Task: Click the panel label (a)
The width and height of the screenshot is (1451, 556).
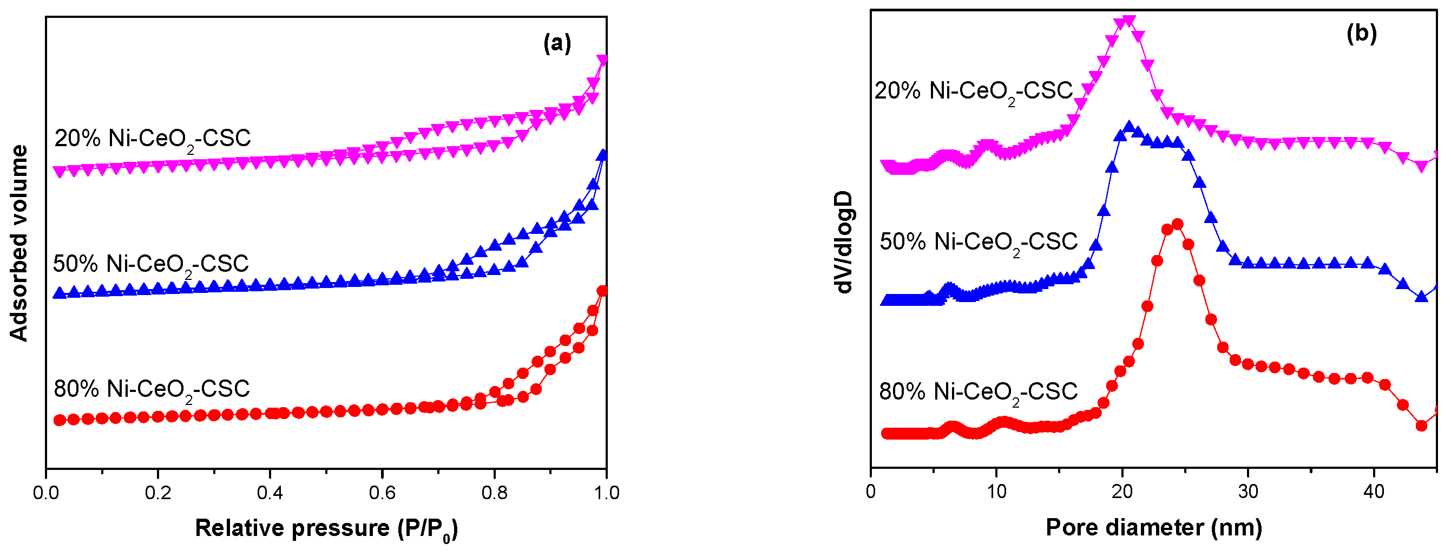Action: [556, 43]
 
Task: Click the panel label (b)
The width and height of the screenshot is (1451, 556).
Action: [1362, 33]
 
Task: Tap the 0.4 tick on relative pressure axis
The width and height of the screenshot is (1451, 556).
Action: [270, 493]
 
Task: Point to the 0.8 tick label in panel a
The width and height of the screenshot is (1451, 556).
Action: [494, 493]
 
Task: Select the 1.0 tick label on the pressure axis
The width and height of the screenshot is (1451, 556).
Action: [606, 493]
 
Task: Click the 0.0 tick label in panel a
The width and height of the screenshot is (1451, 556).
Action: [45, 493]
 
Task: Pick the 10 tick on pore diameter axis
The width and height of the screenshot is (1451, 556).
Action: [996, 492]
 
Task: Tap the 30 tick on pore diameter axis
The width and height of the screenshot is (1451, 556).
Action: [1248, 492]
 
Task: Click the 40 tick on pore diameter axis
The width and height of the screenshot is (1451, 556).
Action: [1374, 492]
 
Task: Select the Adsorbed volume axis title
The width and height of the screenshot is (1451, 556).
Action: [19, 244]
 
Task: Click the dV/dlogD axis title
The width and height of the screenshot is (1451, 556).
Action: [843, 242]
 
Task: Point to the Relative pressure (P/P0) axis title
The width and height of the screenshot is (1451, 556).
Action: [326, 529]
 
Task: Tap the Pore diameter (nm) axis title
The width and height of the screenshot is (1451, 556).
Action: [1153, 528]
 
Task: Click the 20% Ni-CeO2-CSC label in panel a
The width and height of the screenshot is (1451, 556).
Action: [153, 139]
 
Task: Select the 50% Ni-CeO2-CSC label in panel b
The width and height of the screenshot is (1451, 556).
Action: [979, 242]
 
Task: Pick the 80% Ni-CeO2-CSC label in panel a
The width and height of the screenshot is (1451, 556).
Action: [152, 389]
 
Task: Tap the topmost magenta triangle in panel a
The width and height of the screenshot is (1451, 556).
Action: [602, 60]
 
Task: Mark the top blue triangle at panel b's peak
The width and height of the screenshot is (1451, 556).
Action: [1128, 126]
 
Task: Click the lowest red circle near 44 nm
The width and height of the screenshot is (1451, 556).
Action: [1421, 426]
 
